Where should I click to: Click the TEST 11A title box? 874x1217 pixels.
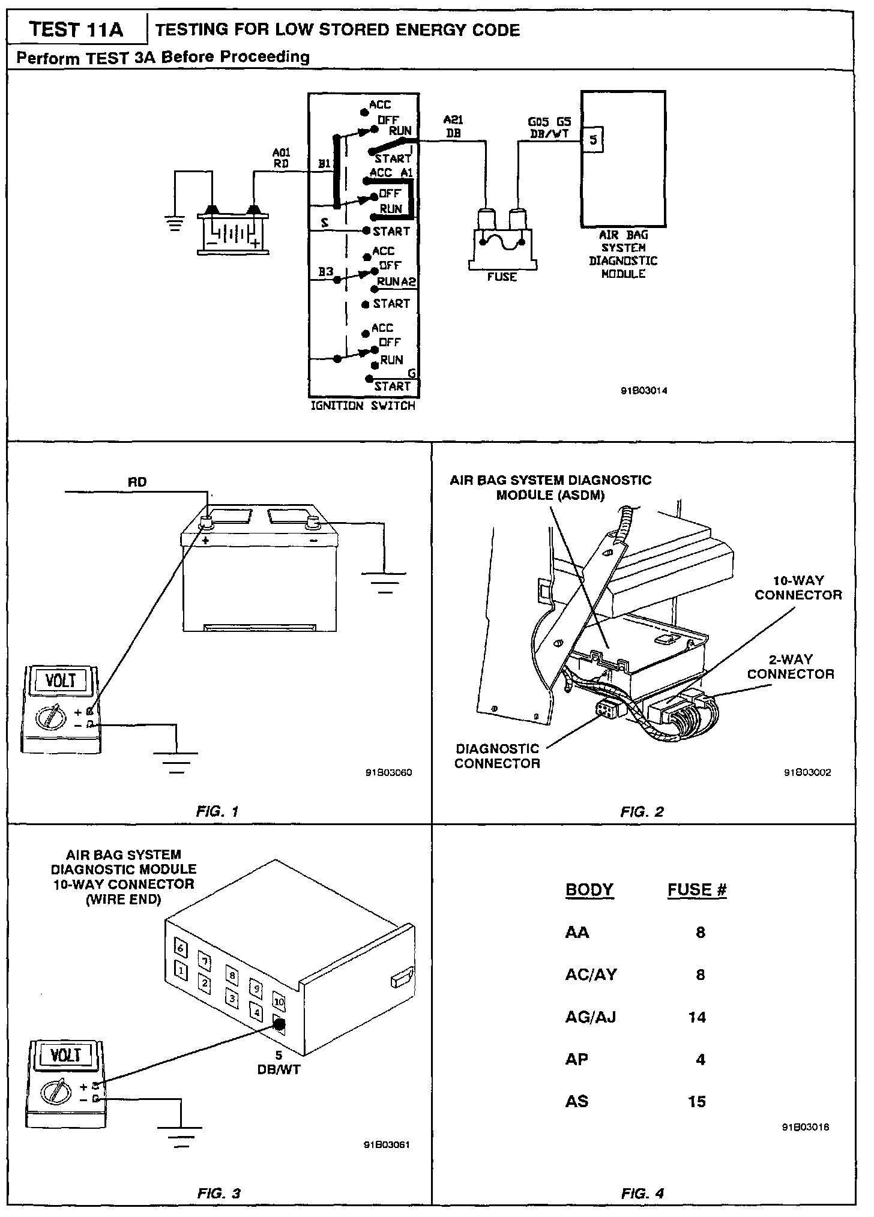[x=76, y=29]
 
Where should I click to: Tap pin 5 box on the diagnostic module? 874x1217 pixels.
[x=593, y=140]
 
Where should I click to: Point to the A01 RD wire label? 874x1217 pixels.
[x=281, y=158]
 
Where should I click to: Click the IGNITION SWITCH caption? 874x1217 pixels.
[x=363, y=406]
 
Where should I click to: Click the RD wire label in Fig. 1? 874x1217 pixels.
[x=137, y=482]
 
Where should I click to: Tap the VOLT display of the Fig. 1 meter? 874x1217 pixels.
[x=61, y=681]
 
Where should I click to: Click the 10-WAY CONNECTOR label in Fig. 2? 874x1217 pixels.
[x=798, y=587]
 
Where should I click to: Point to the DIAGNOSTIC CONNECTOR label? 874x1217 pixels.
[x=497, y=756]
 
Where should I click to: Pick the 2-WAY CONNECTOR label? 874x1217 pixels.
[x=791, y=667]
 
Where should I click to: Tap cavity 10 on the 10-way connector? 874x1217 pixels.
[x=279, y=1002]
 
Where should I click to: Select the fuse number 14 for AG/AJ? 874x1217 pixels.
[x=697, y=1017]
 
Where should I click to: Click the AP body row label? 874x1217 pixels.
[x=577, y=1060]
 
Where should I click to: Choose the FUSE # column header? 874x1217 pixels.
[x=697, y=889]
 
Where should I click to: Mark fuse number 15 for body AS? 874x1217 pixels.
[x=697, y=1102]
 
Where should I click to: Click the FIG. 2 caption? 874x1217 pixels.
[x=642, y=812]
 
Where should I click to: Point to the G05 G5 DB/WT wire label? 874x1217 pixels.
[x=549, y=127]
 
